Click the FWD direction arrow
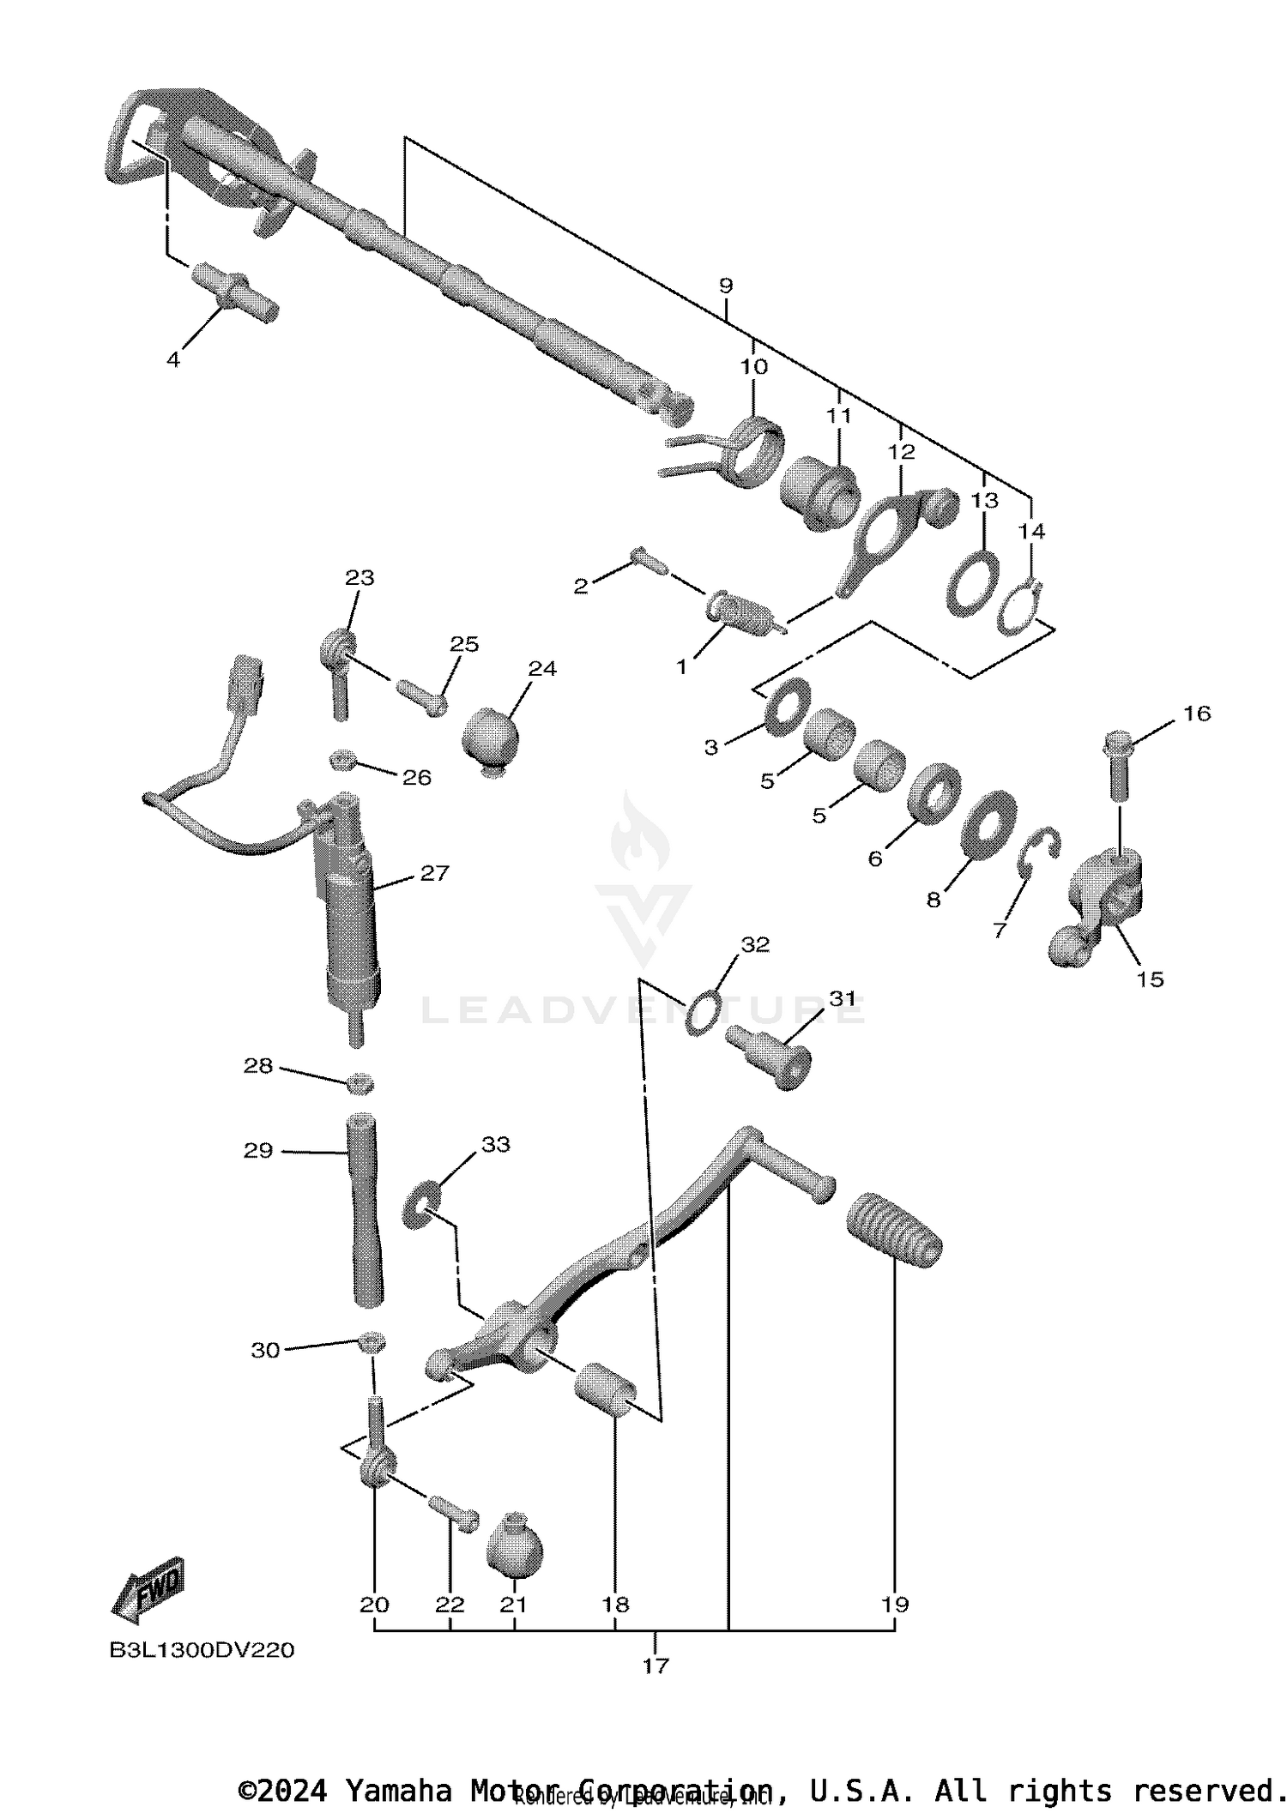148,1589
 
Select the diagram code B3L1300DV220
202,1651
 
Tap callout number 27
435,873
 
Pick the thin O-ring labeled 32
703,1013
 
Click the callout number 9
726,286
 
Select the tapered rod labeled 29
364,1209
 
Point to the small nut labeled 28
360,1083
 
